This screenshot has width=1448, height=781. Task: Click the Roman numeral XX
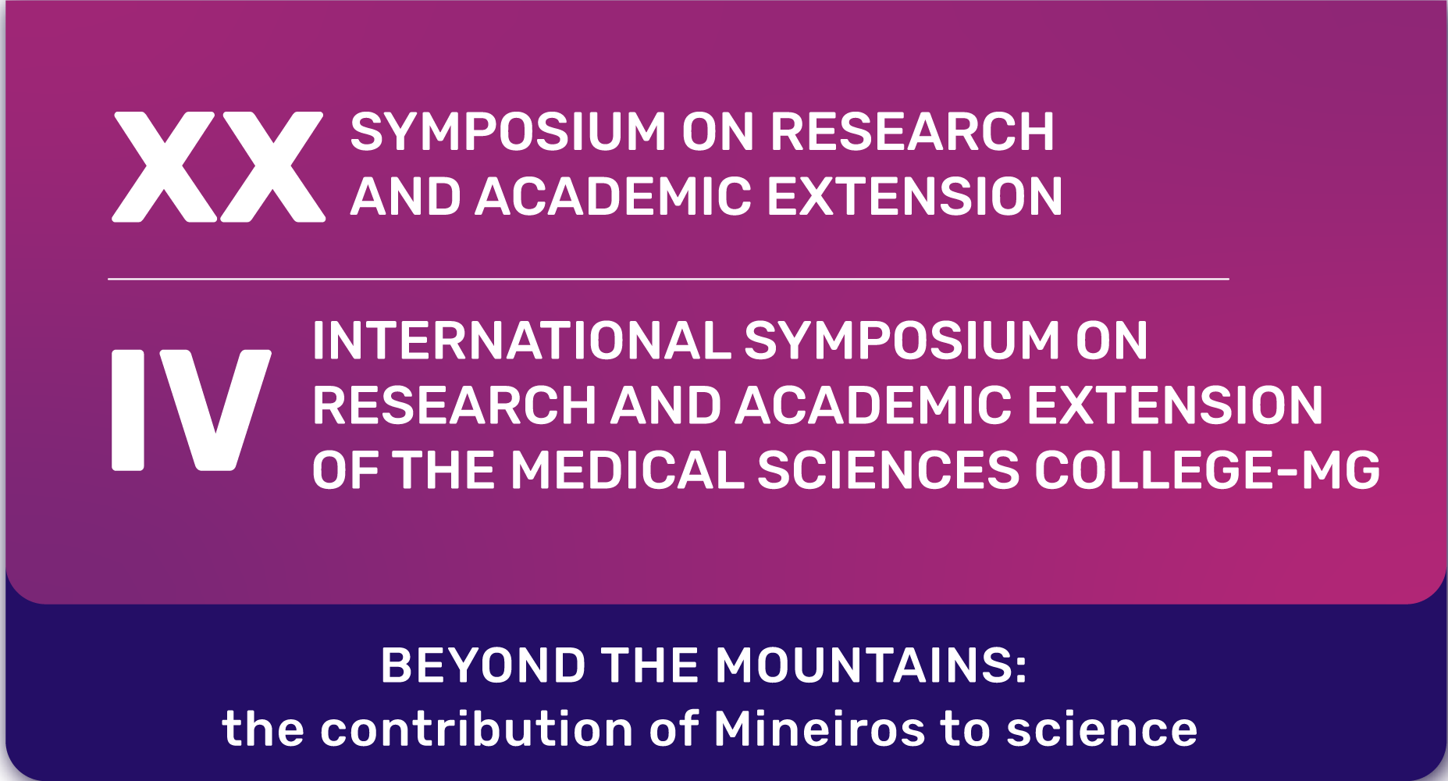click(x=219, y=167)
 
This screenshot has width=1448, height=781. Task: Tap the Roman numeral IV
click(x=191, y=410)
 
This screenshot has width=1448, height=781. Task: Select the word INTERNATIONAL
click(x=521, y=341)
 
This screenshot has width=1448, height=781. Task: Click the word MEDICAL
click(x=627, y=470)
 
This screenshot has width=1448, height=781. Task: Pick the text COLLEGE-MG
click(x=1207, y=470)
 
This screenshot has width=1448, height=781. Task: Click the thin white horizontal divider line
click(x=668, y=279)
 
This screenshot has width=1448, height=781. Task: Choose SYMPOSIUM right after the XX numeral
click(x=508, y=131)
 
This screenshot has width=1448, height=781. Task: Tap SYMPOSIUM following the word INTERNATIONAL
click(x=902, y=341)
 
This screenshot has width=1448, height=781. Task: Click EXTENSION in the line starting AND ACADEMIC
click(x=914, y=196)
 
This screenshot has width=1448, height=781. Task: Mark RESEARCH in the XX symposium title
click(x=912, y=131)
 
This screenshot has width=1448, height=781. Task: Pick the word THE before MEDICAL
click(x=444, y=470)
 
